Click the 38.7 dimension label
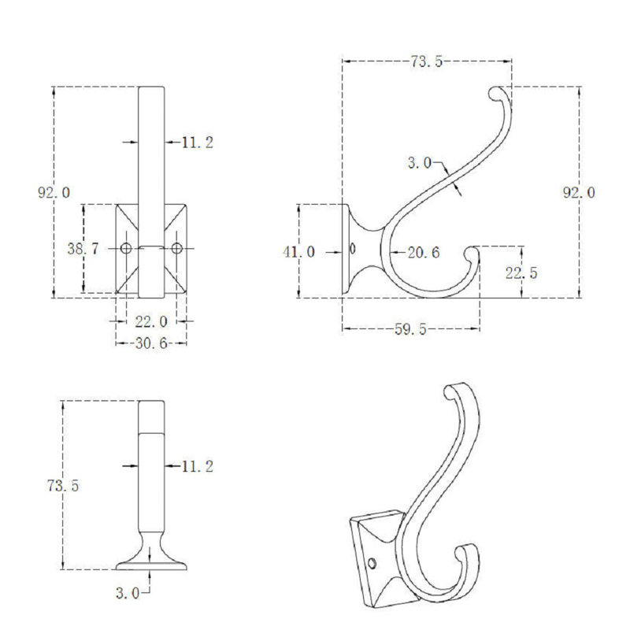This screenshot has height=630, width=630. click(x=83, y=249)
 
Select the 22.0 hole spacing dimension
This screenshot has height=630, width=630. click(x=151, y=322)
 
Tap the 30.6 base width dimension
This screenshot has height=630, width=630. click(x=151, y=343)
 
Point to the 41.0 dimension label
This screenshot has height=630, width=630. click(x=299, y=252)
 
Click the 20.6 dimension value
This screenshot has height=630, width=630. click(x=424, y=252)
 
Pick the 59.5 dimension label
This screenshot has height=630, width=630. click(x=410, y=329)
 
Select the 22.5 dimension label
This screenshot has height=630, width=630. click(x=521, y=273)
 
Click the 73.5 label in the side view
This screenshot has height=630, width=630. click(x=426, y=61)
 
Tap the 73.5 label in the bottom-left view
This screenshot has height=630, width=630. click(x=63, y=486)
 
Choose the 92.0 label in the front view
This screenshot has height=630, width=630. click(x=54, y=192)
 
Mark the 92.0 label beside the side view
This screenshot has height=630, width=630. click(x=579, y=192)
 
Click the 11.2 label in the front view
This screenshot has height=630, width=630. click(x=198, y=143)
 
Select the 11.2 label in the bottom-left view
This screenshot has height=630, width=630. click(x=198, y=466)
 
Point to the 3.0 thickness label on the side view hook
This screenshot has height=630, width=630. click(x=420, y=163)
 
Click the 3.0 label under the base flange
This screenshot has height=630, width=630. click(x=128, y=593)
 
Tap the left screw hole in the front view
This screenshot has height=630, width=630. click(x=126, y=248)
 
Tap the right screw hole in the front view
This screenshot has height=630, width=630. click(x=176, y=248)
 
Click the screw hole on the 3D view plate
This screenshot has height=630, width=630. click(x=372, y=563)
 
